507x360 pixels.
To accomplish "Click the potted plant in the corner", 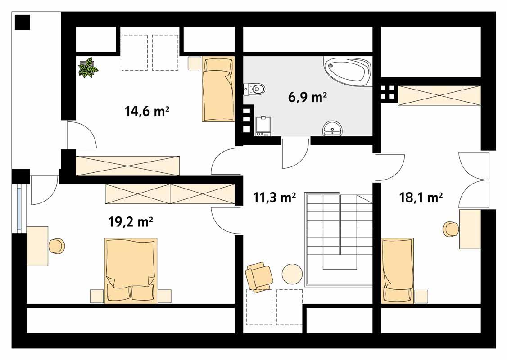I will pos(88,67).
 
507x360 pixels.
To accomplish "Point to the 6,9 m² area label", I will pos(307,97).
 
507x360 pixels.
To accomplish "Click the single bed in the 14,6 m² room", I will pos(218,90).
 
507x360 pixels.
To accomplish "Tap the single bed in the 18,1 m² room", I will pos(398,270).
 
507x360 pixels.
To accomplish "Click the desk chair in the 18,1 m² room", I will pos(451,229).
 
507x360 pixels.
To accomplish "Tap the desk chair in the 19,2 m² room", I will pos(57,246).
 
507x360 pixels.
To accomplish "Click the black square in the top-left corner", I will pos(22,22).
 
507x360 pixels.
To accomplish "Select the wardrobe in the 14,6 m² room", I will pos(127,165).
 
